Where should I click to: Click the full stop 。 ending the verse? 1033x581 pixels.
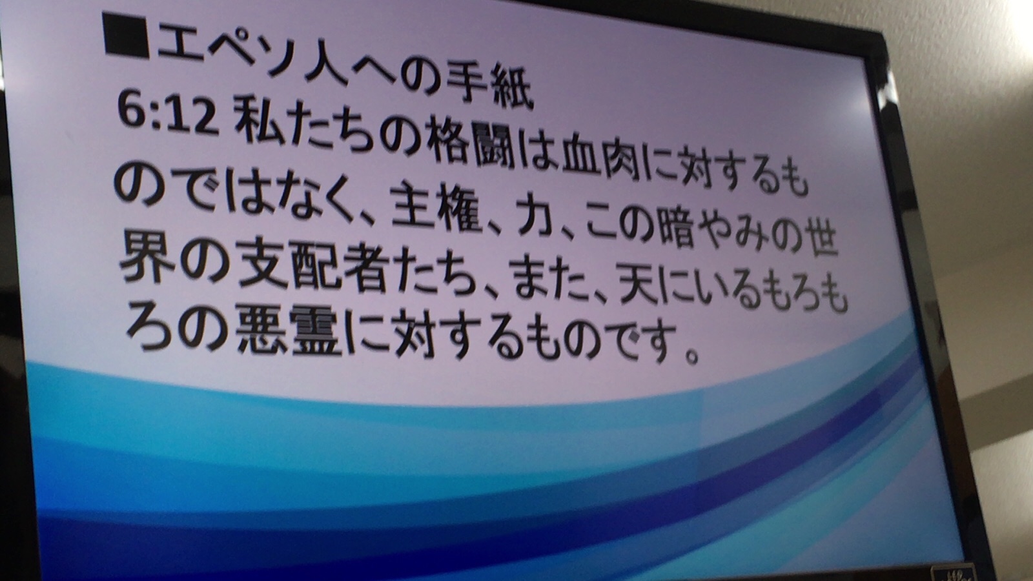click(x=690, y=354)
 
